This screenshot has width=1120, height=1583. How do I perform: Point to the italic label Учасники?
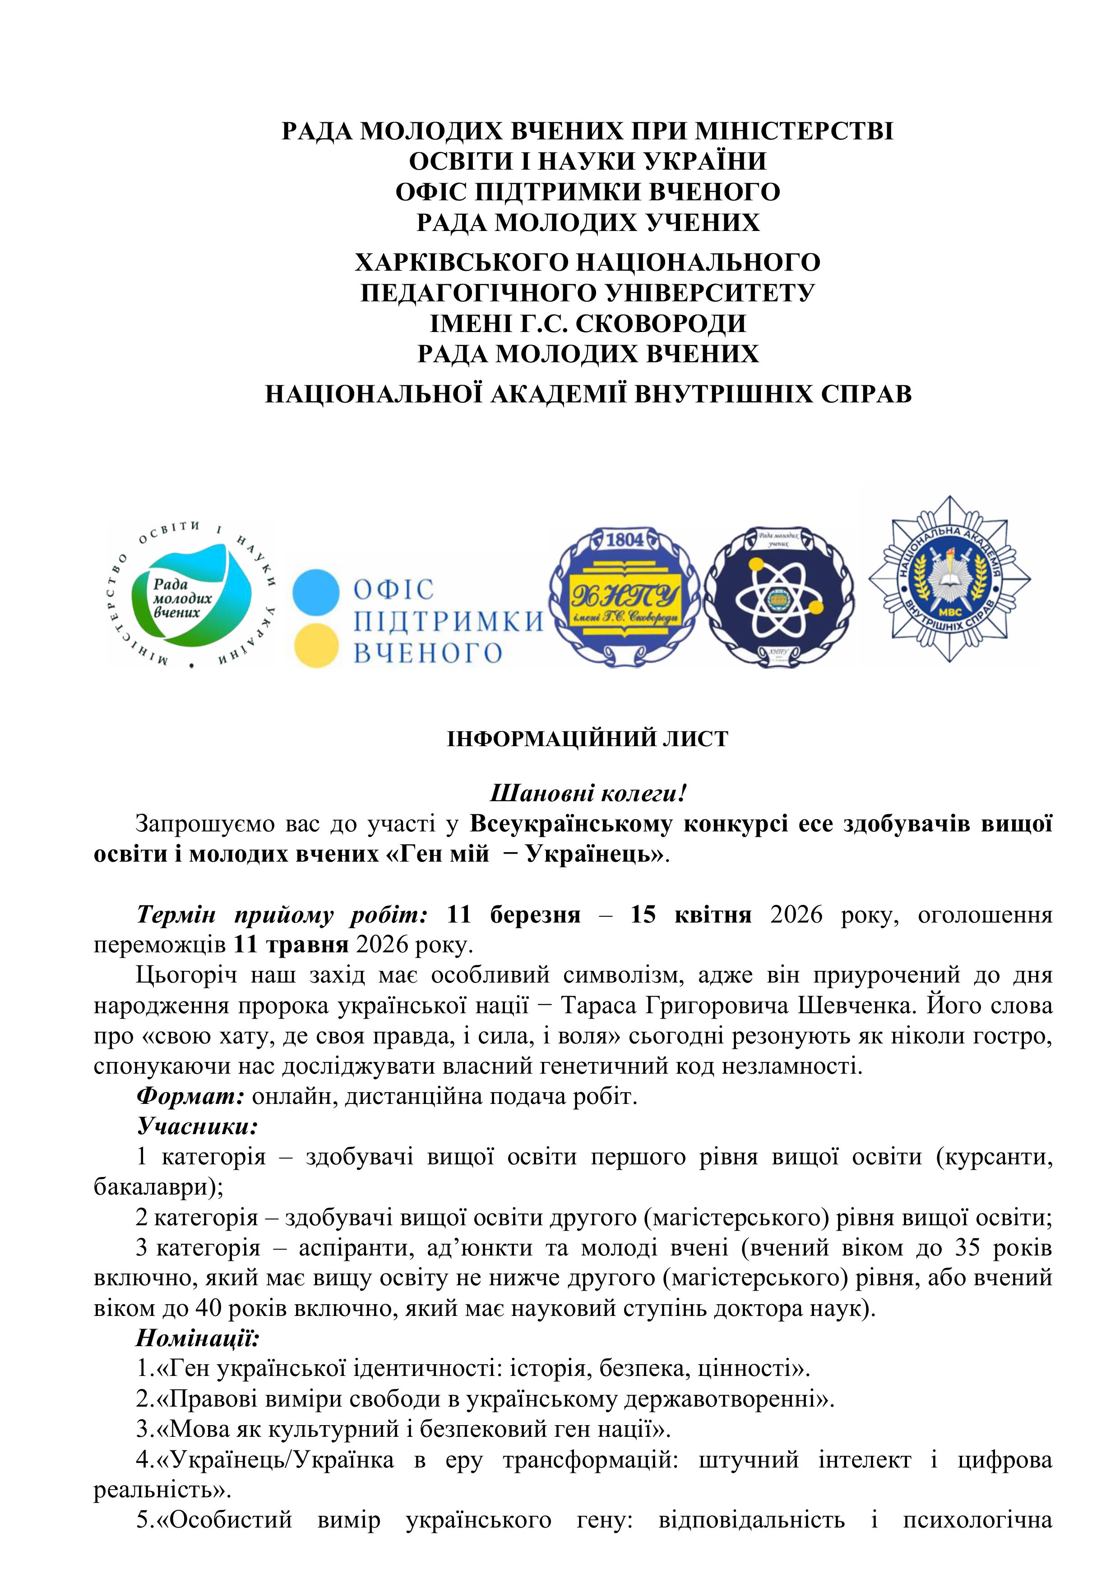point(197,1126)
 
